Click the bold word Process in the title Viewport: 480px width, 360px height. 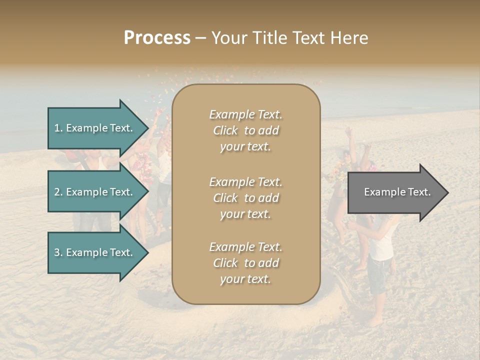pyautogui.click(x=157, y=38)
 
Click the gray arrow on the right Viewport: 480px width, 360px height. pyautogui.click(x=395, y=192)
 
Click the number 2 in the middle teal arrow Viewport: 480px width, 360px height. pyautogui.click(x=57, y=192)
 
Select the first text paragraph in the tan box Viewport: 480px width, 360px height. pyautogui.click(x=245, y=130)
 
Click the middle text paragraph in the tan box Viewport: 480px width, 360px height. pyautogui.click(x=245, y=198)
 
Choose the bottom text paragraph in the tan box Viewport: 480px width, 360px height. pyautogui.click(x=245, y=263)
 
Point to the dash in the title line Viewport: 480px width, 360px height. pyautogui.click(x=201, y=38)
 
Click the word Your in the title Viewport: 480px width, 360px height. pyautogui.click(x=228, y=38)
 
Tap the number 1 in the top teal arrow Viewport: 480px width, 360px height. pyautogui.click(x=56, y=128)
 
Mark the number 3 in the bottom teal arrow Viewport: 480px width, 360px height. pyautogui.click(x=57, y=252)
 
